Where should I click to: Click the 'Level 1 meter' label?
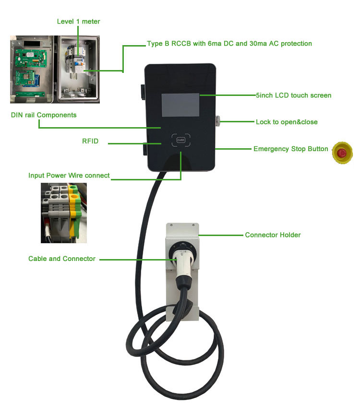(x=78, y=22)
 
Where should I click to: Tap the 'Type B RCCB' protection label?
(x=229, y=44)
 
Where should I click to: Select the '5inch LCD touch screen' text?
(x=293, y=95)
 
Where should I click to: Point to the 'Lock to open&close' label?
(x=286, y=122)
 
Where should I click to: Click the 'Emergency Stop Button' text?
(x=290, y=149)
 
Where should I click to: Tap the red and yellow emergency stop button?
(x=342, y=153)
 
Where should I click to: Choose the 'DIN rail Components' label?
(x=43, y=115)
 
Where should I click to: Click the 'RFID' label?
(x=90, y=142)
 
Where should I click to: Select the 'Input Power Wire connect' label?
(x=69, y=176)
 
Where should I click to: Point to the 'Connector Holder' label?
(x=273, y=235)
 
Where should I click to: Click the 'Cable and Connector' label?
(x=62, y=259)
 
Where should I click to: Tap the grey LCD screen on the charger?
(x=180, y=106)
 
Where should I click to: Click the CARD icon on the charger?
(x=181, y=140)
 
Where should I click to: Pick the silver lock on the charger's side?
(x=218, y=120)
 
